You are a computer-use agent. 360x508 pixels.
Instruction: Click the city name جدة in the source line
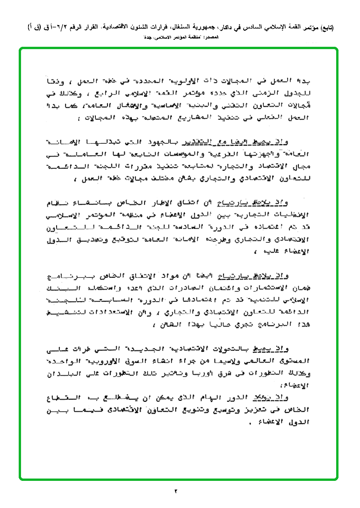(x=148, y=37)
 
